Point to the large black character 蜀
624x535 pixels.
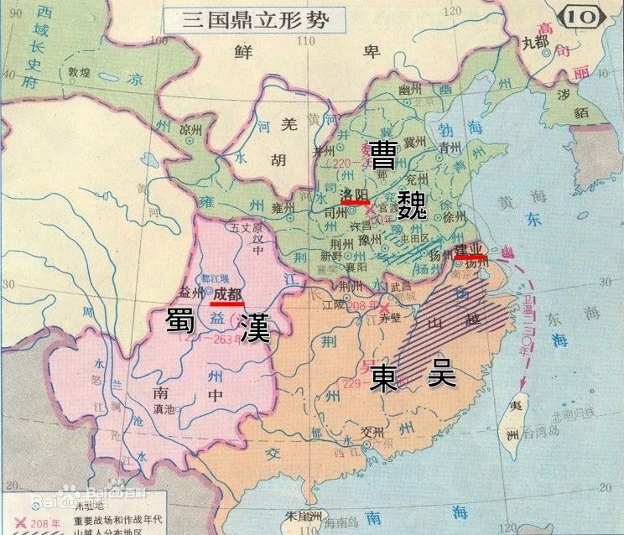click(180, 323)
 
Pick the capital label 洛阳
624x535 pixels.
click(356, 195)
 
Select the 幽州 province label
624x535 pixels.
click(410, 90)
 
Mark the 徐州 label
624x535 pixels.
click(454, 215)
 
